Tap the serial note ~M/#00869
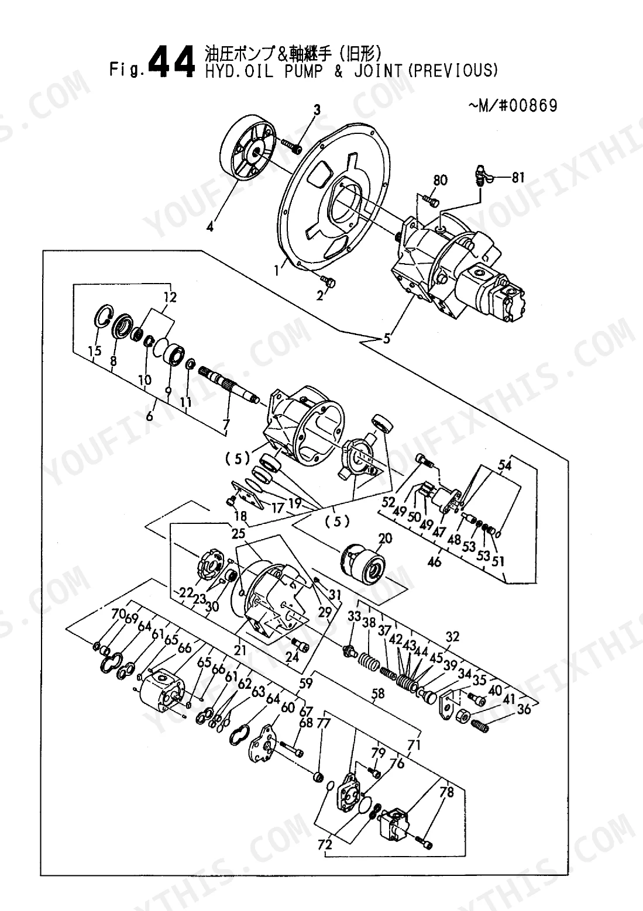click(x=513, y=106)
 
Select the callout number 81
click(x=518, y=177)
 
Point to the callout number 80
click(x=441, y=180)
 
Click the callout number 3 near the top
click(x=317, y=110)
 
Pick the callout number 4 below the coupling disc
click(x=210, y=226)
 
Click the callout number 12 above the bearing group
click(x=170, y=298)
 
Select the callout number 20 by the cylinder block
click(x=385, y=539)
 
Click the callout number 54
click(x=505, y=465)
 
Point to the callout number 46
click(x=435, y=562)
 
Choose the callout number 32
click(x=452, y=637)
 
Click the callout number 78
click(x=446, y=792)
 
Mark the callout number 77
click(x=324, y=723)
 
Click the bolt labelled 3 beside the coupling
click(x=291, y=146)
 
